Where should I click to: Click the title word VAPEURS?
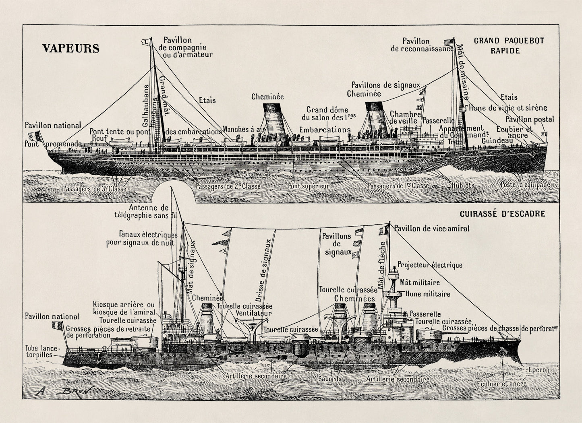point(70,49)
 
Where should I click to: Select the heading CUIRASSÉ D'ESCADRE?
point(502,214)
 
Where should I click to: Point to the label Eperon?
point(536,369)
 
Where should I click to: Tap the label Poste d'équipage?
point(525,185)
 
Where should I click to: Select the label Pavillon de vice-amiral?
point(432,229)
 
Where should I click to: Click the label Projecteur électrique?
point(430,265)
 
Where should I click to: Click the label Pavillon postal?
point(530,119)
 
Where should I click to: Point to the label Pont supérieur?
point(309,186)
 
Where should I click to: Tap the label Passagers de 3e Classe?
point(94,188)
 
